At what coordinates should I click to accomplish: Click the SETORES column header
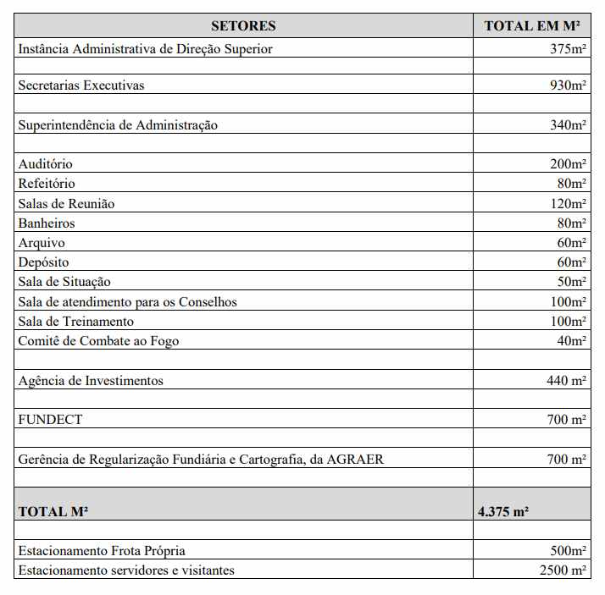[243, 26]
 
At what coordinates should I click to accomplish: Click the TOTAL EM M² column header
[531, 26]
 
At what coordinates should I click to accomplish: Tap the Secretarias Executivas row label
[81, 85]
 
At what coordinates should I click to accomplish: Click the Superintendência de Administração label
[118, 125]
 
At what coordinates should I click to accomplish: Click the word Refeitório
[47, 184]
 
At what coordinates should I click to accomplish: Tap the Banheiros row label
[47, 223]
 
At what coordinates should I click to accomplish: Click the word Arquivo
[42, 243]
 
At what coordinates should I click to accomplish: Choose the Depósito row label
[43, 262]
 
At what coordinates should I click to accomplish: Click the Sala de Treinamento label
[76, 322]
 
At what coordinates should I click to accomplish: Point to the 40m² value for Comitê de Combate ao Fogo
[571, 341]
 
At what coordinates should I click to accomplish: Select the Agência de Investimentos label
[91, 381]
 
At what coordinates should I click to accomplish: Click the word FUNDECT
[51, 420]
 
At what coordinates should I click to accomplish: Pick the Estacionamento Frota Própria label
[102, 551]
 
